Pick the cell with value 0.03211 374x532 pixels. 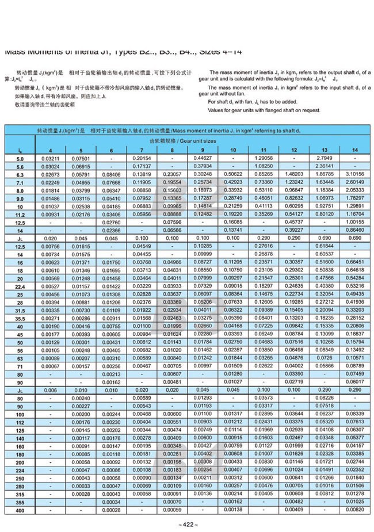coord(51,158)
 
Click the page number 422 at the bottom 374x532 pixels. coord(188,524)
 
